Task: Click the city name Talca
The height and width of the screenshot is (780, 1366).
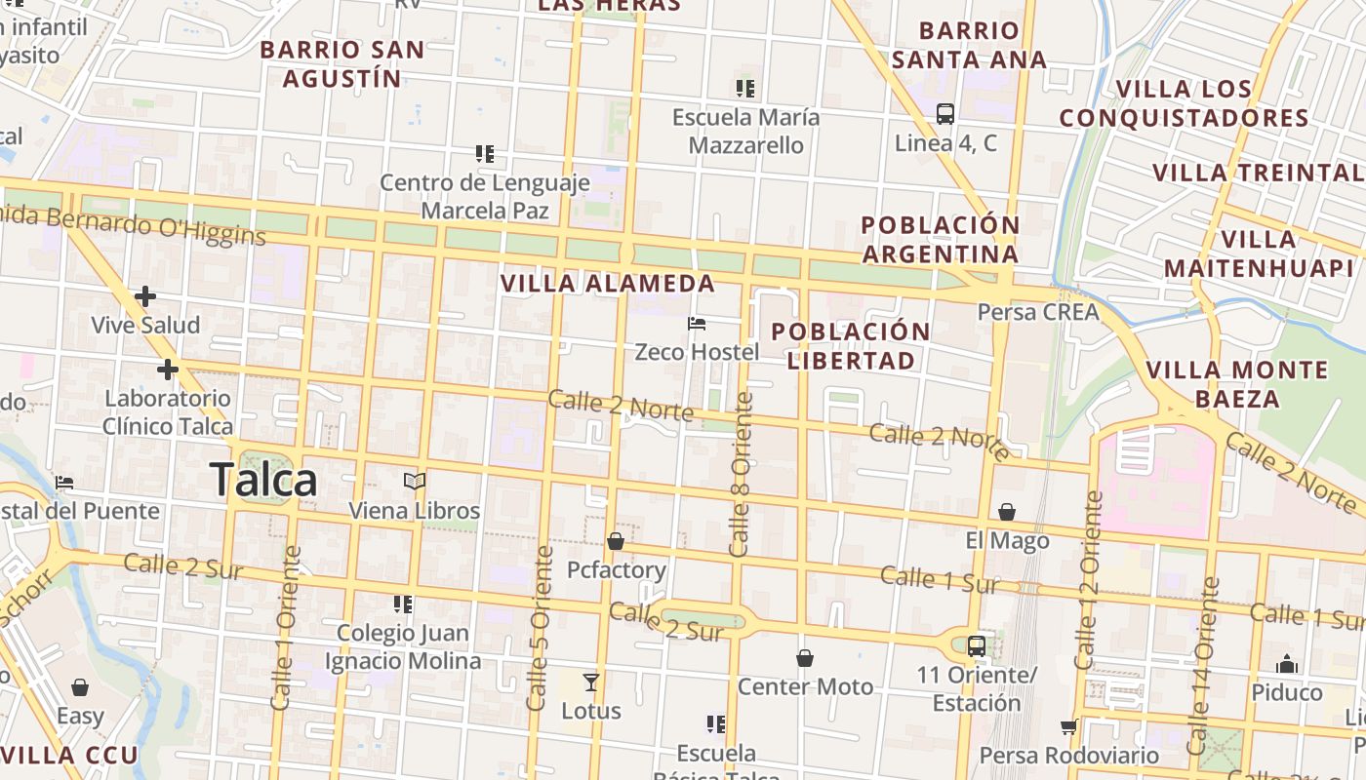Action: click(263, 481)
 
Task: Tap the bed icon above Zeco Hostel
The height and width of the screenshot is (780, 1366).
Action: click(697, 324)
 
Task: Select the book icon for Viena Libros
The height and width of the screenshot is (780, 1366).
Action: click(415, 482)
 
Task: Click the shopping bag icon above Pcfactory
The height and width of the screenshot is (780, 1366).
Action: click(616, 541)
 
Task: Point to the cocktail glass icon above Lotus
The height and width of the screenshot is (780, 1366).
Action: click(590, 682)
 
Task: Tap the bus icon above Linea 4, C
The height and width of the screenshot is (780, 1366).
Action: click(944, 113)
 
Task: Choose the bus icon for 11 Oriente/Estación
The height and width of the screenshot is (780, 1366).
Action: click(976, 645)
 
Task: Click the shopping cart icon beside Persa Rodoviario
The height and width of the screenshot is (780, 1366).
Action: click(1069, 727)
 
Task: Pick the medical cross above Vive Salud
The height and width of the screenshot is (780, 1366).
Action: click(145, 295)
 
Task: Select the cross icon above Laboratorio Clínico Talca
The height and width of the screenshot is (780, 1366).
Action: click(168, 370)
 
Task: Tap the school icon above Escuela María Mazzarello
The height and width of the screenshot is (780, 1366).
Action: click(745, 89)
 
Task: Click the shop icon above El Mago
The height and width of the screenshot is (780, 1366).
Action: click(1007, 512)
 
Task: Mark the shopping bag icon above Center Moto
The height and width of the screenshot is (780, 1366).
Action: click(805, 658)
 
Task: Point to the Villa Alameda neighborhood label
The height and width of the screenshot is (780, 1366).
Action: click(608, 284)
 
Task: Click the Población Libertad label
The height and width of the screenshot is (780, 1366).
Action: click(850, 345)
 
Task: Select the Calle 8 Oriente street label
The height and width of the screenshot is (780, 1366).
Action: click(742, 475)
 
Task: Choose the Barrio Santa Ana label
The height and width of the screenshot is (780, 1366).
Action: click(969, 45)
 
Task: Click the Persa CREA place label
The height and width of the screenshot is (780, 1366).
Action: click(1038, 312)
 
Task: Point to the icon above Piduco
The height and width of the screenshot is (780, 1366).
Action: click(1287, 665)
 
